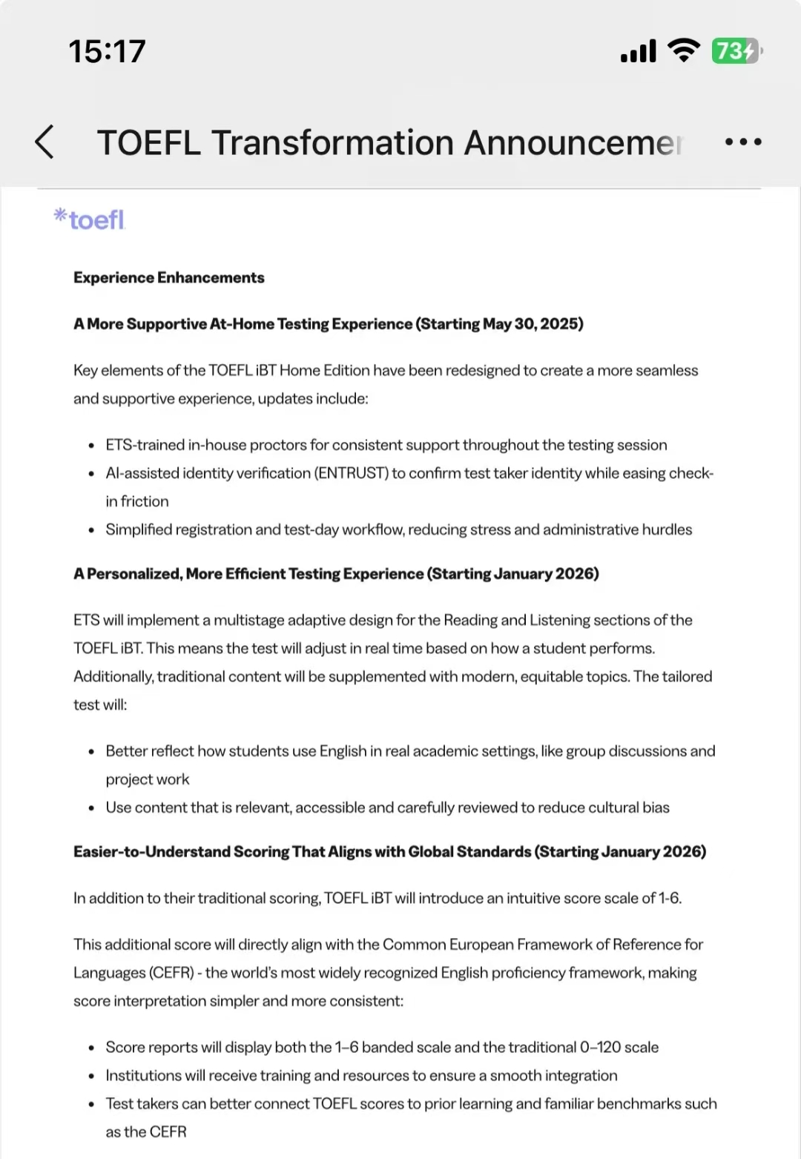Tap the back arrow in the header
44,142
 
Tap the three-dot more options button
742,142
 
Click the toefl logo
90,219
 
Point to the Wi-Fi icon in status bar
683,50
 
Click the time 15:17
107,51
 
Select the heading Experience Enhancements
168,277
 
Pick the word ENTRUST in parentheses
352,473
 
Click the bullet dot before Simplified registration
90,530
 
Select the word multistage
249,620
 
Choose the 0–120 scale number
600,1047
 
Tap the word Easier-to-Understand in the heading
152,852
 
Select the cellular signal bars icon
638,51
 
